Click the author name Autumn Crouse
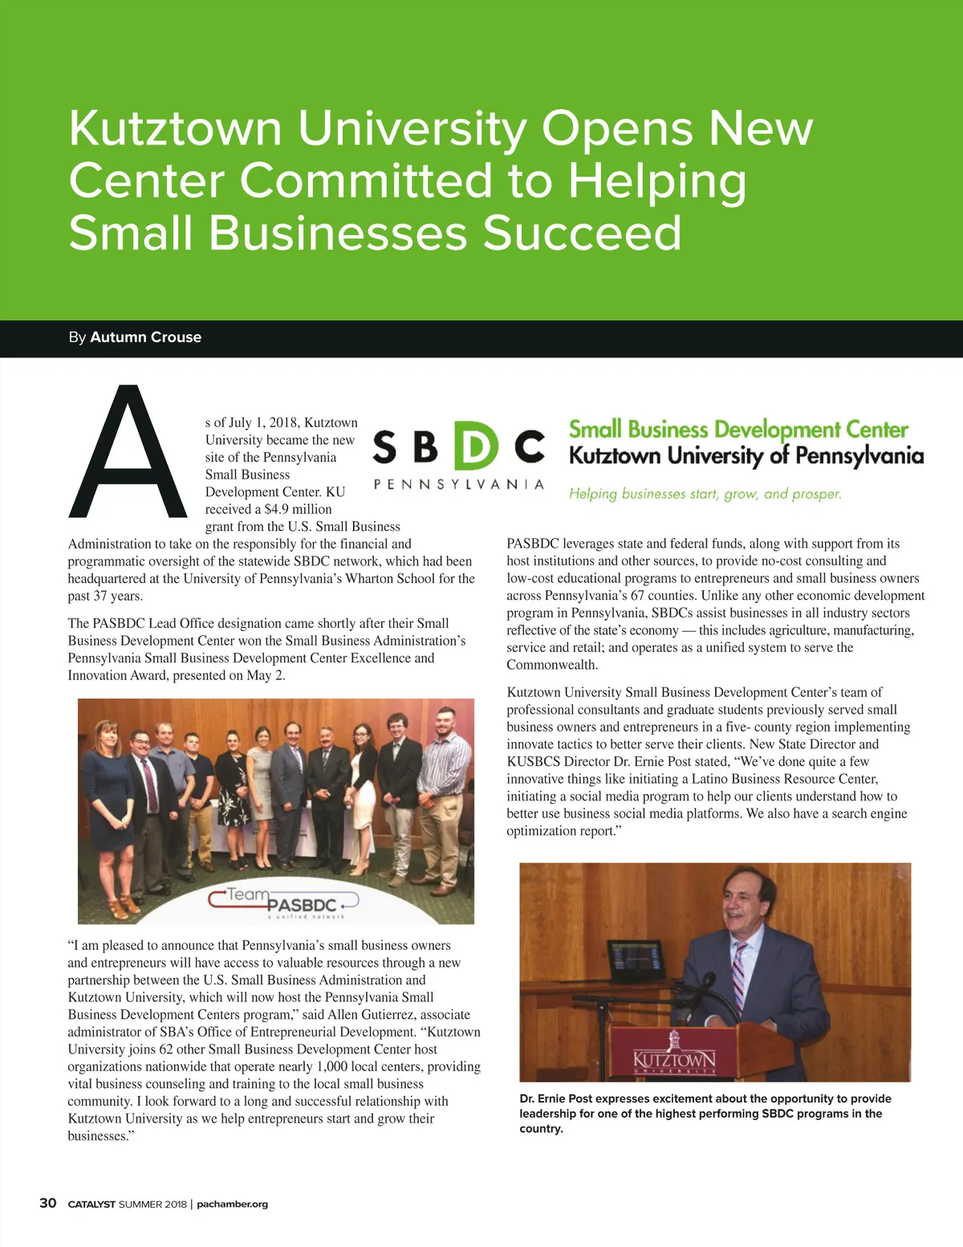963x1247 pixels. pos(145,337)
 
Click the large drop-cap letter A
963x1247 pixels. pos(128,454)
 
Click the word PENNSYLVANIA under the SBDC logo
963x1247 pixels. pos(458,484)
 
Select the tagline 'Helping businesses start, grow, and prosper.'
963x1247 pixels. pos(705,494)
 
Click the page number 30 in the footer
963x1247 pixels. pos(48,1203)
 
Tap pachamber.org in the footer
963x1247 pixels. pos(232,1204)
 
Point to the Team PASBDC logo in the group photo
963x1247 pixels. pos(285,901)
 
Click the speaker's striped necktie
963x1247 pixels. pos(738,976)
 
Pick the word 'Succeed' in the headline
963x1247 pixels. pos(582,233)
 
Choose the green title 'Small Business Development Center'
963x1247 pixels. pos(738,430)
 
